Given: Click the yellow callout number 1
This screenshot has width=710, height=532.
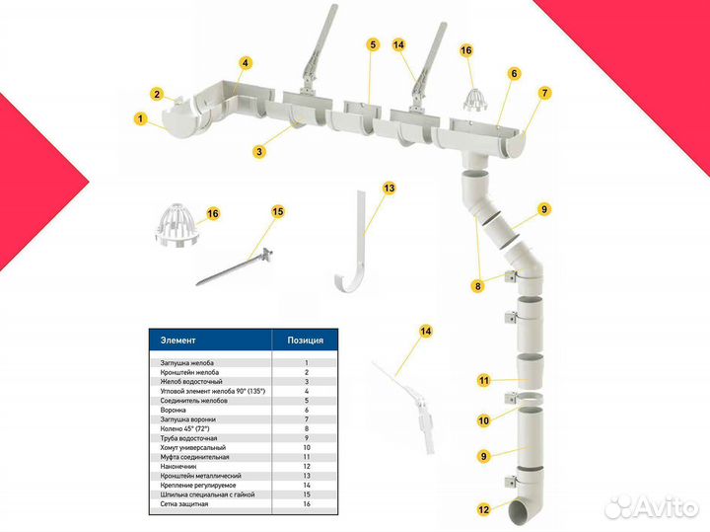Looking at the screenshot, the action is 140,118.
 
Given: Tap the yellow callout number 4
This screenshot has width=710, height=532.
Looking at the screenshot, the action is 245,62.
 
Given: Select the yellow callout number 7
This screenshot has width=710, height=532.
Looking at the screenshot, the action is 544,93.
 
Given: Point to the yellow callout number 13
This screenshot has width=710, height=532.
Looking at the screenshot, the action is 389,189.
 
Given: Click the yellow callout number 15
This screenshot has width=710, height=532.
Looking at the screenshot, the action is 278,211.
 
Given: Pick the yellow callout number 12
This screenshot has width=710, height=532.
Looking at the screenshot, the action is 483,509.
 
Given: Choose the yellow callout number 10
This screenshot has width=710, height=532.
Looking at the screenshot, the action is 483,420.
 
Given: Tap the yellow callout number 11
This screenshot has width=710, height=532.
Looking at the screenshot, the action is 484,381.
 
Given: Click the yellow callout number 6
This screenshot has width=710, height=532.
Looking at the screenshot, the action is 514,73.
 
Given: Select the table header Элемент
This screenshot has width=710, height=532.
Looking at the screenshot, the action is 177,341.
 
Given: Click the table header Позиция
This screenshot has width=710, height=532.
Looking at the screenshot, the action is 305,341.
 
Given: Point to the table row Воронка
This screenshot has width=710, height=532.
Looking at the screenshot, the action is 173,410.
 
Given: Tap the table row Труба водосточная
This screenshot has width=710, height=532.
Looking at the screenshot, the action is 188,438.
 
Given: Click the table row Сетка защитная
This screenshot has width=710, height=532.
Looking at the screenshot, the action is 183,504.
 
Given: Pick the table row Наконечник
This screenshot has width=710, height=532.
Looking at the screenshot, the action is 178,466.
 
